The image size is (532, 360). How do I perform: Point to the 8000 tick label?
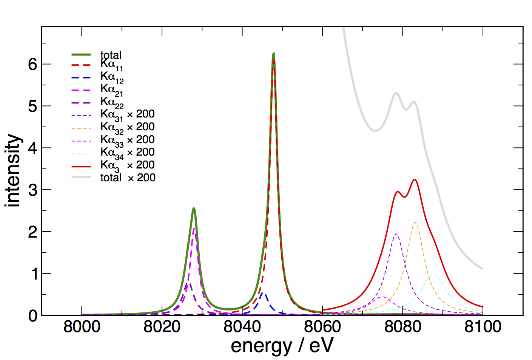click(82, 327)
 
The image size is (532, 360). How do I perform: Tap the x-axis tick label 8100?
click(483, 327)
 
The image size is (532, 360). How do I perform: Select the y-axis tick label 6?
click(33, 64)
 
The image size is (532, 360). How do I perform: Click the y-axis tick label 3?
click(33, 190)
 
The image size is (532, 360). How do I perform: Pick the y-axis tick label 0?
click(33, 316)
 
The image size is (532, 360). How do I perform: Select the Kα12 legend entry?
click(112, 77)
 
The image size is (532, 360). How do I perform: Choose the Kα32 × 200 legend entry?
click(127, 128)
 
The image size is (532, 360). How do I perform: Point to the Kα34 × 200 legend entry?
click(127, 153)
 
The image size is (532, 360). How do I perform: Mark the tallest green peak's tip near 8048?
click(273, 54)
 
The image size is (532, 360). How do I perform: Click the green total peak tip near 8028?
click(193, 208)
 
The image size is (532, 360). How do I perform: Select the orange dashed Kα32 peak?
click(415, 222)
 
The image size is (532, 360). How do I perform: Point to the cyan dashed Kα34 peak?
click(433, 273)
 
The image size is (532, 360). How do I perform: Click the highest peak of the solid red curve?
click(415, 179)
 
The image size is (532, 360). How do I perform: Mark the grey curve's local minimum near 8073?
click(375, 131)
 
